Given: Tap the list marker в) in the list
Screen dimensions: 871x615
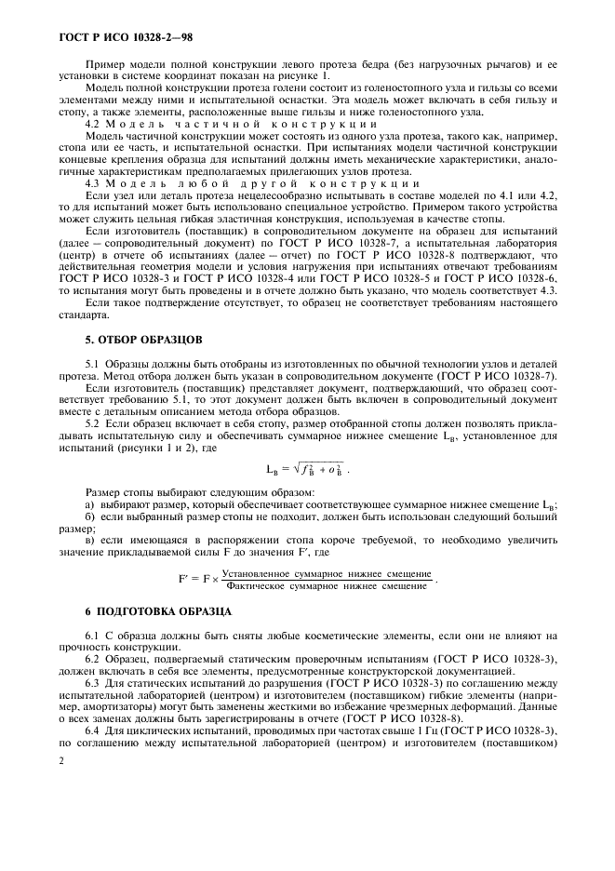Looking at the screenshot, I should [90, 541].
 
